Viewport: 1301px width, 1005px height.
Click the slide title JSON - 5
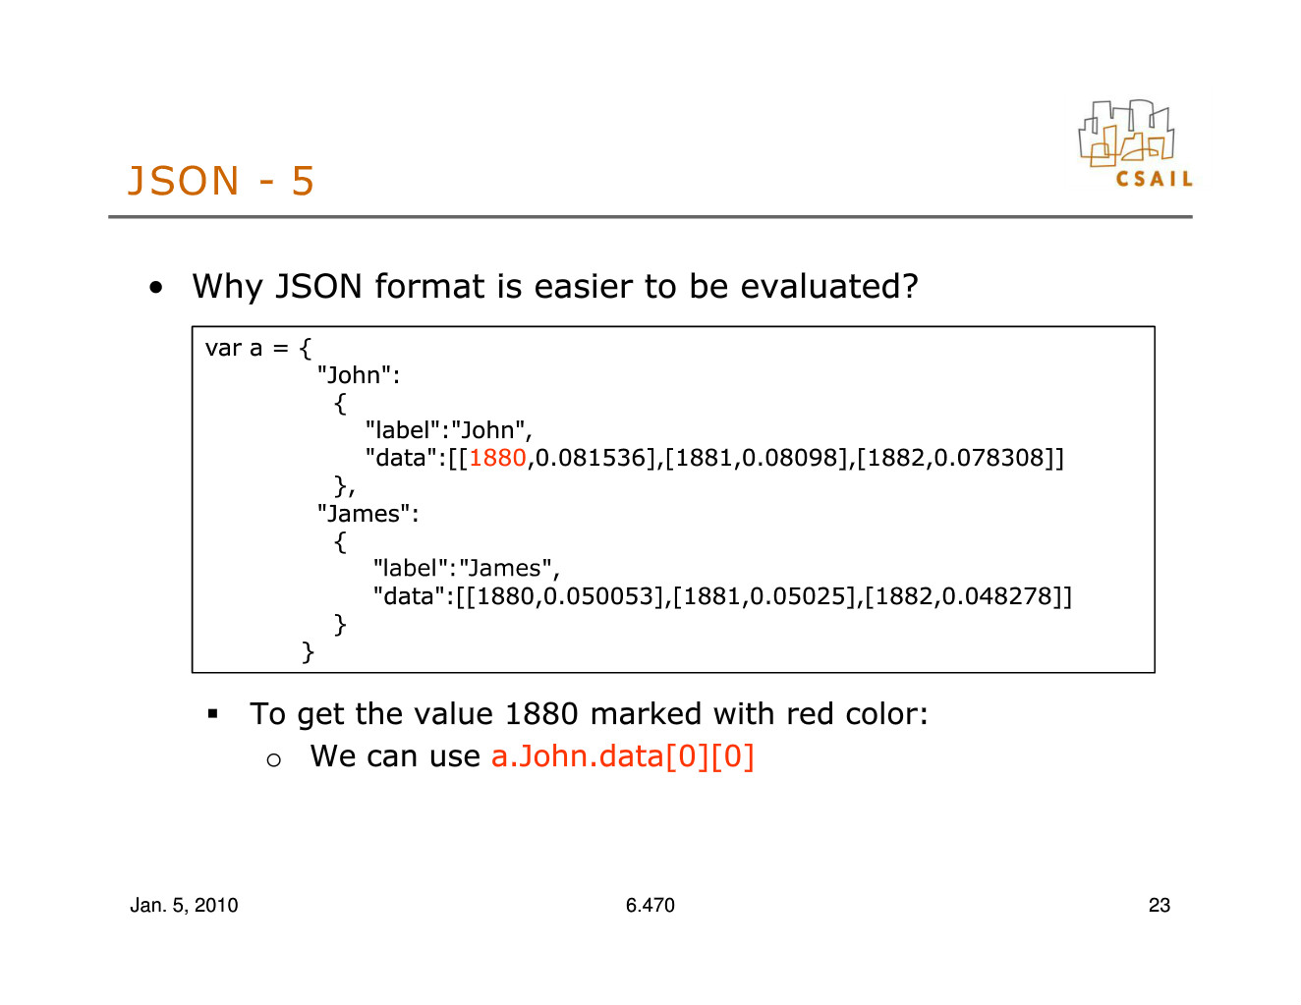(x=221, y=180)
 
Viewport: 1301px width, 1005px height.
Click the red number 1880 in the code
(x=497, y=458)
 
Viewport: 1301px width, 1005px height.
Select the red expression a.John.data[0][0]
(x=623, y=756)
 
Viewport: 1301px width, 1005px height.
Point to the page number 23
(x=1160, y=905)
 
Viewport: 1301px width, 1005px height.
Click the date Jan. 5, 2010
(x=185, y=906)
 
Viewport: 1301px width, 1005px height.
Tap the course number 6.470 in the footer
(x=650, y=905)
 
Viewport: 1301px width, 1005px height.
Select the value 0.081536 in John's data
(x=591, y=458)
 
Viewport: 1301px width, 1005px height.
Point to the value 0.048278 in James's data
(x=997, y=596)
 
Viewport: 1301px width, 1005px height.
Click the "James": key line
(x=368, y=514)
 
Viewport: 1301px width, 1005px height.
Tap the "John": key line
(x=358, y=375)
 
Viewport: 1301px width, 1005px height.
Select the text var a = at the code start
(x=247, y=348)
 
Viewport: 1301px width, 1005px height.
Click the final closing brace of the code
(x=308, y=652)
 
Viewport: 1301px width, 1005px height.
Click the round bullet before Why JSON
(x=156, y=288)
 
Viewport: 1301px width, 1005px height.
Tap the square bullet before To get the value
(x=212, y=713)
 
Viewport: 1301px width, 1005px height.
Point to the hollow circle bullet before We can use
(x=273, y=760)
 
